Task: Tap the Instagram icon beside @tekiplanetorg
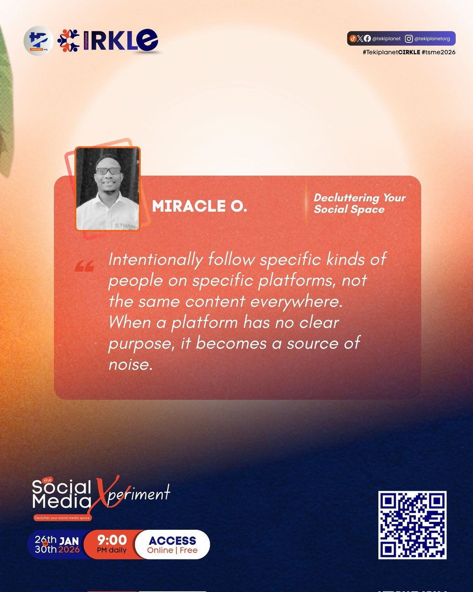[x=409, y=38]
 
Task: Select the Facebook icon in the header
[x=367, y=38]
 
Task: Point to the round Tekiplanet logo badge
[x=38, y=41]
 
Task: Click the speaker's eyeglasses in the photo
[x=108, y=171]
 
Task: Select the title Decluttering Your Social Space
[x=360, y=203]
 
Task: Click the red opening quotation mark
[x=84, y=267]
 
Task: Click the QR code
[x=412, y=525]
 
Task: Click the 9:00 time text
[x=112, y=540]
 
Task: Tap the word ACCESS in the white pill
[x=172, y=541]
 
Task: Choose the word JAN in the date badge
[x=69, y=540]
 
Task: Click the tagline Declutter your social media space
[x=63, y=518]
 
